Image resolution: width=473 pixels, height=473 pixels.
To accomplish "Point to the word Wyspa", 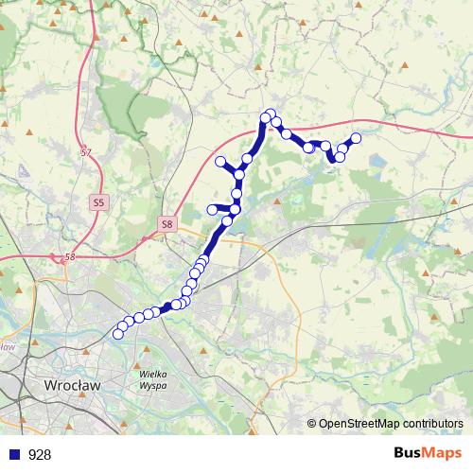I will click(x=153, y=387).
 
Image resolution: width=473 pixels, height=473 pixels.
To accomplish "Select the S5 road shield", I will click(x=99, y=202).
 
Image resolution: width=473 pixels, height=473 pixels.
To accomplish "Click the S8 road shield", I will click(x=166, y=224).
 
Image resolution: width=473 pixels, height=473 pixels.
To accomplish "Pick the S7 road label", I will click(x=87, y=152).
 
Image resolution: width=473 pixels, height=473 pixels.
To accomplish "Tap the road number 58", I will click(x=69, y=256).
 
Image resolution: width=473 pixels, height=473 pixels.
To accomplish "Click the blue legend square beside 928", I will click(x=13, y=455).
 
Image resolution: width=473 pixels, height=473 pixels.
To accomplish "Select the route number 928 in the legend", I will click(x=41, y=455).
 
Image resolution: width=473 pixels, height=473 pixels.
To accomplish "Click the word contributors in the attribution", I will click(x=433, y=423).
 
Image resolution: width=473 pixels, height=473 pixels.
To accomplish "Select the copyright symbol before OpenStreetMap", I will click(x=312, y=423).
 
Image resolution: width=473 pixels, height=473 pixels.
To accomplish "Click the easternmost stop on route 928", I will click(x=356, y=139).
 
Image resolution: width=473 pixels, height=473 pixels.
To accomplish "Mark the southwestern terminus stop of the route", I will click(x=118, y=333).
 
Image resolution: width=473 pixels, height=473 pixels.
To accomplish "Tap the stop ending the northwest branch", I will click(x=220, y=161).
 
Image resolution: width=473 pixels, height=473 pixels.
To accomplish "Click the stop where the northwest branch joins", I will click(x=239, y=174).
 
